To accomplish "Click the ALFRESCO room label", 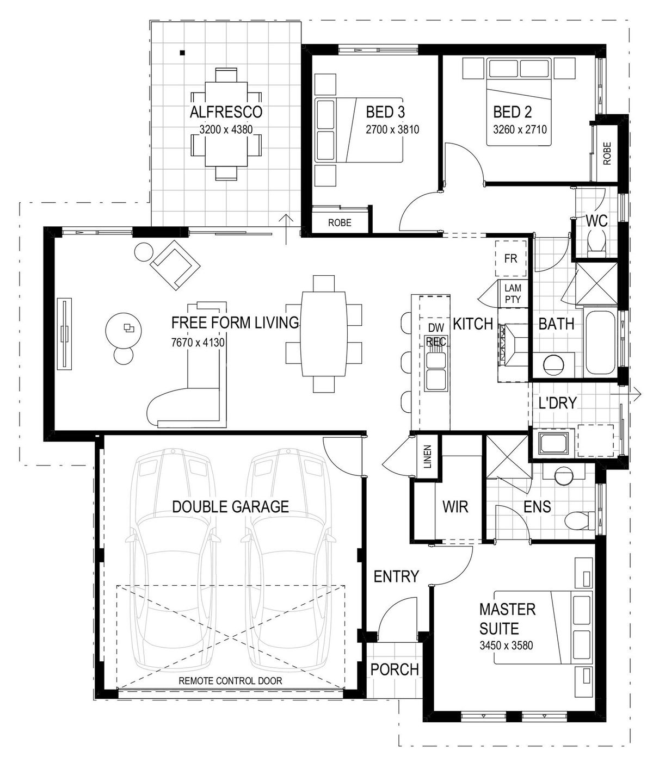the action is pos(226,111).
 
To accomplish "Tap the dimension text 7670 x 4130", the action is pos(198,342).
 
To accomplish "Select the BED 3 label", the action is pos(385,111).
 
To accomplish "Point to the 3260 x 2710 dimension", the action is pos(520,129).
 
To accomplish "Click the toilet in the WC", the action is pos(597,245).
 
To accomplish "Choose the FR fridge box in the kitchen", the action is pos(510,258).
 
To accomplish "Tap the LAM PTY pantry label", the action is pos(513,294).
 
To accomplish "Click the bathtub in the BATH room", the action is pos(601,342).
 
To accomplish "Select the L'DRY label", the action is pos(557,404).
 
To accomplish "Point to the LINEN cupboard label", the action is pos(427,457).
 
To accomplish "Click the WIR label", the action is pos(455,507).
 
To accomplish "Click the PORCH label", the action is pos(395,669).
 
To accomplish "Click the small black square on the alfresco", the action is pos(182,53).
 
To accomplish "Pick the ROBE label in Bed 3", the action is pos(340,223).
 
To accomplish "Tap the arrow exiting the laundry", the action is pos(625,393).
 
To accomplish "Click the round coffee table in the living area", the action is pos(123,329).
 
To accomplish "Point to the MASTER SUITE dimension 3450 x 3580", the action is pos(506,645).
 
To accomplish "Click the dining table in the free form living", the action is pos(324,334).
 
